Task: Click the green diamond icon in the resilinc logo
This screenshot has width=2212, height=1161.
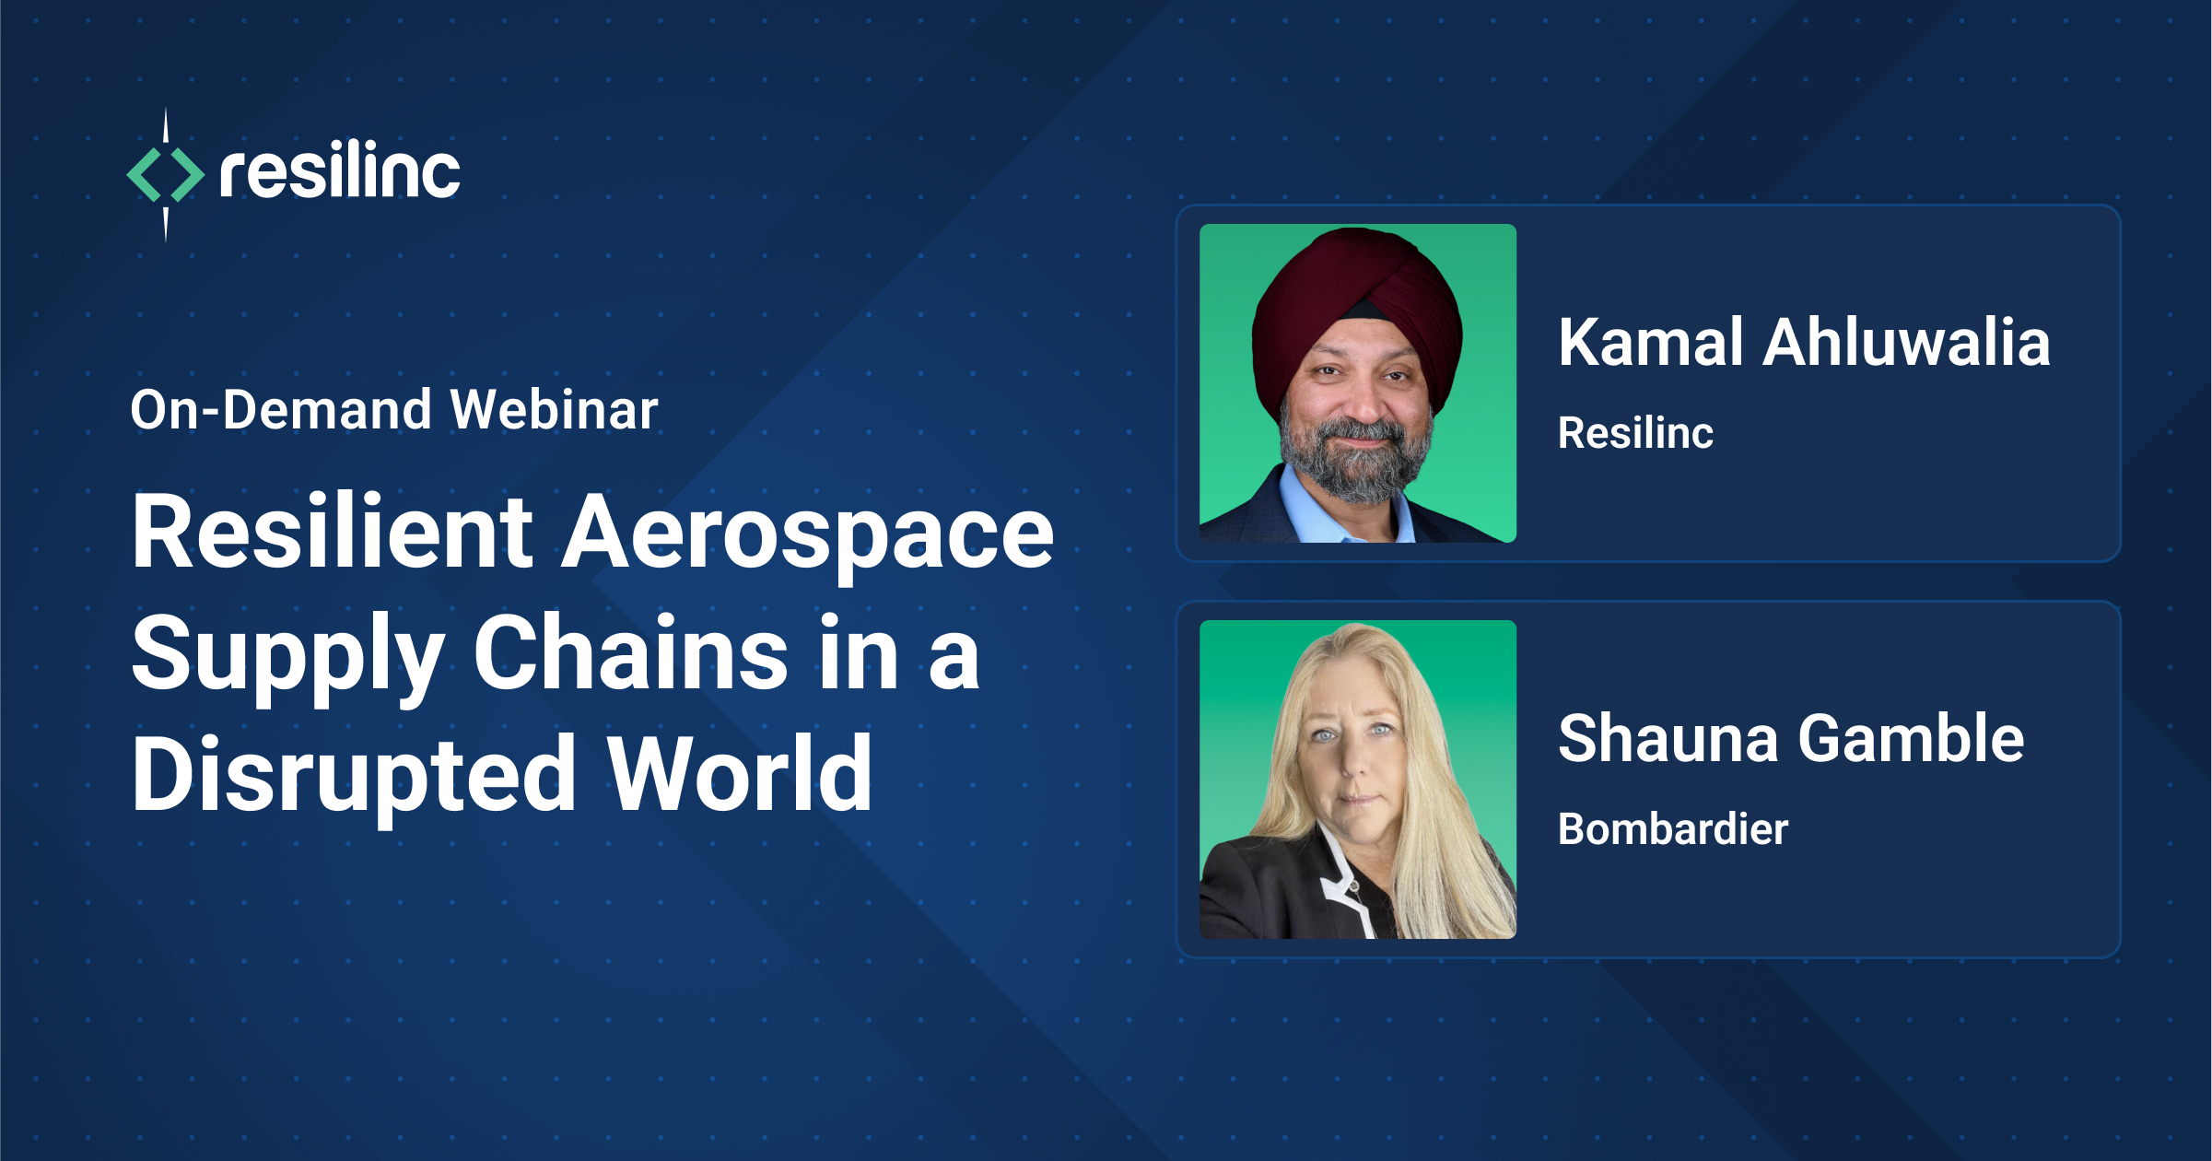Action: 166,174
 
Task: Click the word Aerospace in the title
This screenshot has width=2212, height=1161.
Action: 808,534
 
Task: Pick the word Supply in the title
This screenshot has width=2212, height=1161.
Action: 288,656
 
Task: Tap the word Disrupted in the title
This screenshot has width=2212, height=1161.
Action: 355,776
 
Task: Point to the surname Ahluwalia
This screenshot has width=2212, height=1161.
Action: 1906,343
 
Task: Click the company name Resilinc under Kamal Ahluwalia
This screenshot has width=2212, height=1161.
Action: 1635,433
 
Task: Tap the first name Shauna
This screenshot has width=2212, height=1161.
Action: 1668,739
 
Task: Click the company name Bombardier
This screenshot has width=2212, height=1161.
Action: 1673,829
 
